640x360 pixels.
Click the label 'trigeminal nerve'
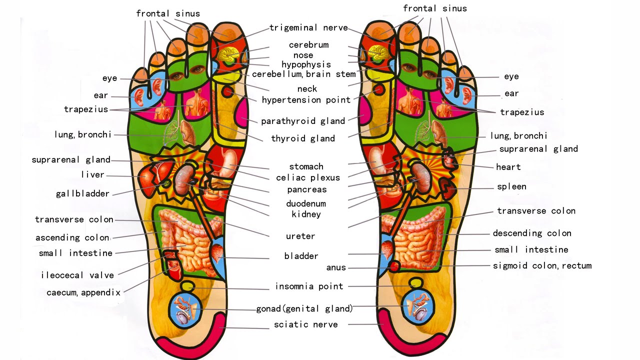tap(308, 28)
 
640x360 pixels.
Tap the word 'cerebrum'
tap(308, 45)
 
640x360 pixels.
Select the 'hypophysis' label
tap(306, 64)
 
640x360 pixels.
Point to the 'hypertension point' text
tap(306, 100)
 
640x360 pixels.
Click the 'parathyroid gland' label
tap(303, 121)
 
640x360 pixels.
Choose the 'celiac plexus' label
tap(307, 177)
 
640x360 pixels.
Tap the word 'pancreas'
tap(306, 189)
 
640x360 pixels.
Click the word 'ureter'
tap(300, 236)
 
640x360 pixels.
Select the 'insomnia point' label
tap(309, 286)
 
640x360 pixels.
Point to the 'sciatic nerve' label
tap(305, 325)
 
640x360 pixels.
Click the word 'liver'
tap(92, 175)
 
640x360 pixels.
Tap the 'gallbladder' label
tap(82, 193)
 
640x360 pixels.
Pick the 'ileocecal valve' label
tap(77, 275)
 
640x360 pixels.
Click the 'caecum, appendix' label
tap(83, 292)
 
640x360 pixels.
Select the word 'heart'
tap(508, 167)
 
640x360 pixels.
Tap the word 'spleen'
tap(511, 187)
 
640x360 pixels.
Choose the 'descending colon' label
tap(532, 233)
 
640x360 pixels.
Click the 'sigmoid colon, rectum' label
tap(542, 265)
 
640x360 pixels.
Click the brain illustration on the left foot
tap(231, 53)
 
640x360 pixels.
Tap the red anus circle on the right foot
tap(394, 266)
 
